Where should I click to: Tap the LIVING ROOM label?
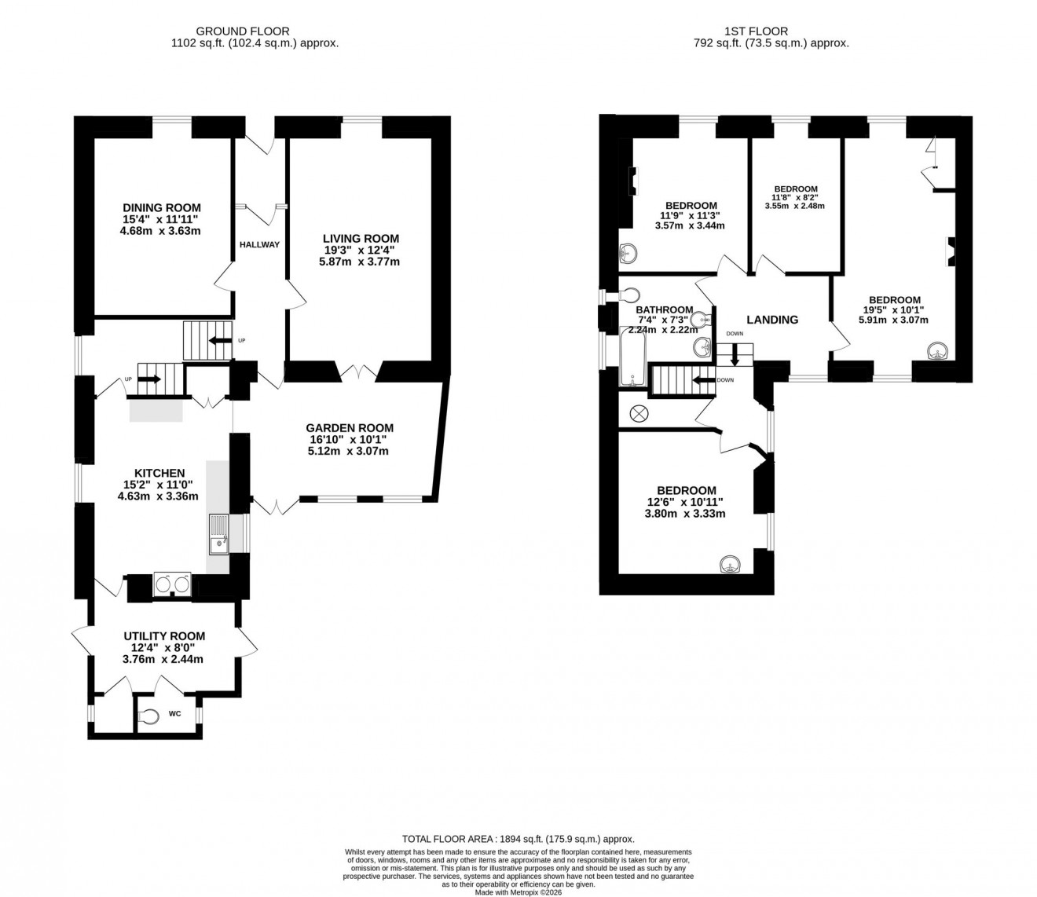pos(361,239)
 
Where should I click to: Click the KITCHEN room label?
pos(159,473)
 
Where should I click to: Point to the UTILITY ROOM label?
pos(164,636)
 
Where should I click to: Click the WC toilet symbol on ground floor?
pos(147,716)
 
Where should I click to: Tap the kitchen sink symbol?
pos(218,533)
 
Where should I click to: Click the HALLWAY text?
pos(259,244)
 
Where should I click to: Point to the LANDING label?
pos(772,320)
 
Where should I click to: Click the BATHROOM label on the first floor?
pos(665,309)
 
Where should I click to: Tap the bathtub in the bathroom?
pos(632,357)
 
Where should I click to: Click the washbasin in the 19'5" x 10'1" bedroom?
pos(936,351)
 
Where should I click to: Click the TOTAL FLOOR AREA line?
pos(518,839)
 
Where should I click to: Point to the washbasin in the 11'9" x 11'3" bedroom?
pos(628,253)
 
